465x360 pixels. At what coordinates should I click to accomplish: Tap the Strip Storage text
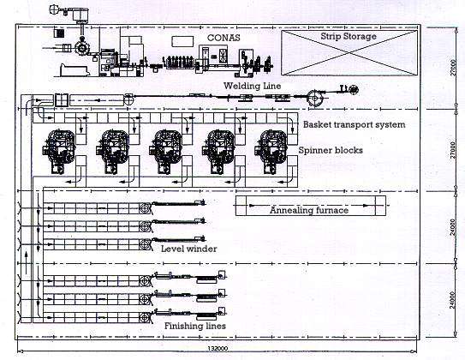(x=349, y=38)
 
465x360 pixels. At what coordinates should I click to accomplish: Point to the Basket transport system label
(x=355, y=125)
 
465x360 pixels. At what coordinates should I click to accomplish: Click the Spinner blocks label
(x=331, y=150)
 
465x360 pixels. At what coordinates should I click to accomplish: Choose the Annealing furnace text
(x=309, y=210)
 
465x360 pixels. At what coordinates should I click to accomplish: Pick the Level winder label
(x=188, y=249)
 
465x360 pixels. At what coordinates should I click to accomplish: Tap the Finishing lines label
(x=190, y=325)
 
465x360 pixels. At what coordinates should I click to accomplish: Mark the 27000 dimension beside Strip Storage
(x=451, y=67)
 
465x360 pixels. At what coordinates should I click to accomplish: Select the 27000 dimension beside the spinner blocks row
(x=451, y=151)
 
